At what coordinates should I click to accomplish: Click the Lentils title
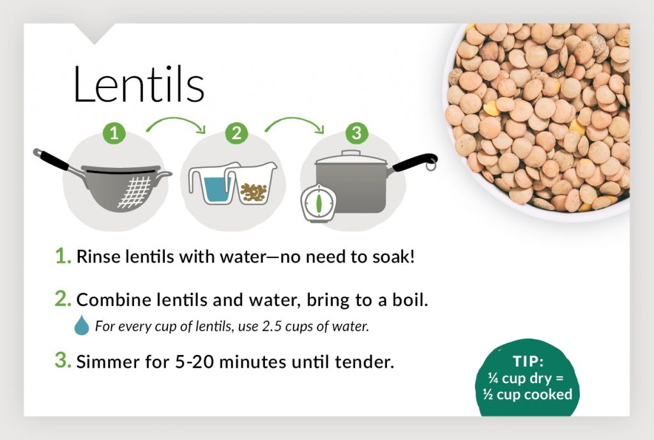pos(139,84)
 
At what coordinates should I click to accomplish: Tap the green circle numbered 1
pos(114,133)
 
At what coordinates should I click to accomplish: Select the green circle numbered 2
pos(236,133)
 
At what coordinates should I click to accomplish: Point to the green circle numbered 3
pos(356,133)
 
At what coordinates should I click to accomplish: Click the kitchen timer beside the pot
pos(316,204)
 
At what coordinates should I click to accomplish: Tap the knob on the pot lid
pos(351,153)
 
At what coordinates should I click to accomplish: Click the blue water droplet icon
pos(82,326)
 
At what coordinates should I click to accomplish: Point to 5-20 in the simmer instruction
pos(197,362)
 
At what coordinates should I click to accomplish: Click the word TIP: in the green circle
pos(528,361)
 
